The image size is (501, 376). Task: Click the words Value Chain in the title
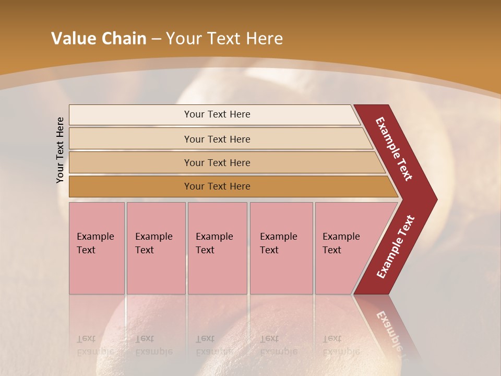(x=99, y=39)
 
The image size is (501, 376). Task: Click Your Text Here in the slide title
(x=224, y=39)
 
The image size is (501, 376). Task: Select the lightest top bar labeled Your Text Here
(x=217, y=114)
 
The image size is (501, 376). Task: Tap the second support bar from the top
(x=217, y=139)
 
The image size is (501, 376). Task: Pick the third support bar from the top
(x=217, y=162)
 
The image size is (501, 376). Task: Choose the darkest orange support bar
(x=217, y=186)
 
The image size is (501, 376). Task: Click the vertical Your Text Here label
(x=61, y=150)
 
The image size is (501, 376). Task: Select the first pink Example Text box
(x=97, y=248)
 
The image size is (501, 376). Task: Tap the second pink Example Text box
(x=156, y=248)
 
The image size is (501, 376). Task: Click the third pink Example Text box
(x=217, y=248)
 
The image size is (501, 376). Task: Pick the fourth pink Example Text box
(x=281, y=248)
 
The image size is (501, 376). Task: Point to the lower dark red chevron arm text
(x=396, y=246)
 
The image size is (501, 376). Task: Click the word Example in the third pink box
(x=214, y=237)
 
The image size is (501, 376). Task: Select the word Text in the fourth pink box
(x=269, y=250)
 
